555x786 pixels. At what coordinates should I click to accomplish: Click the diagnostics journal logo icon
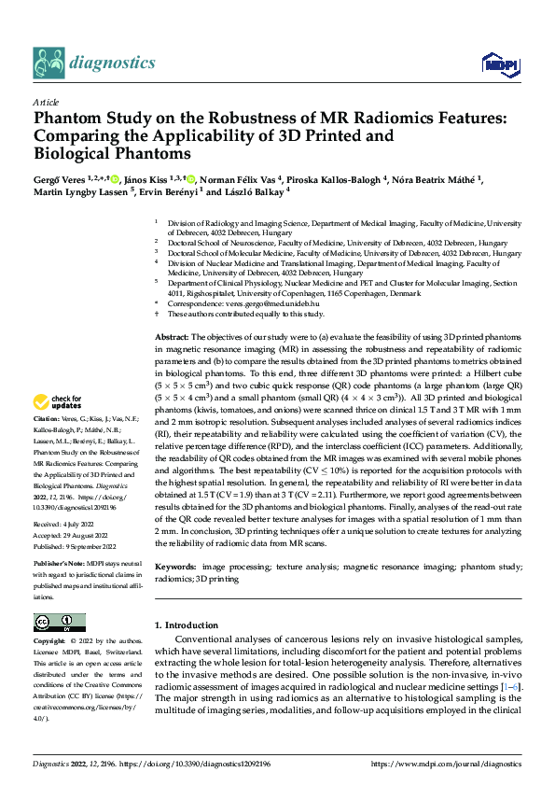click(x=49, y=63)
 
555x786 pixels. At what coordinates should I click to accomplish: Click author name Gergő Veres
click(x=62, y=177)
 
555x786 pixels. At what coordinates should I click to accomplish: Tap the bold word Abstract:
click(x=172, y=336)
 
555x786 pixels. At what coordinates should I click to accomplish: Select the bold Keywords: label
click(x=174, y=567)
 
